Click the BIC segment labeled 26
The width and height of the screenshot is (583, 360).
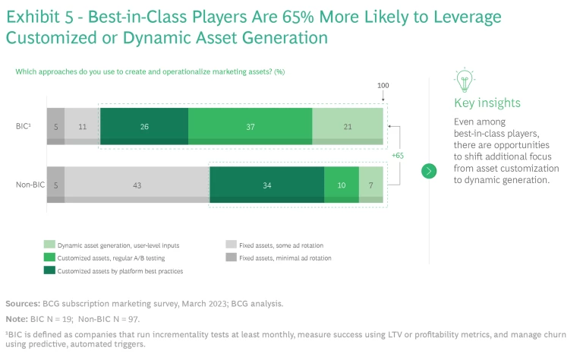click(144, 125)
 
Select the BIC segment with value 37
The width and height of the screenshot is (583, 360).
click(251, 125)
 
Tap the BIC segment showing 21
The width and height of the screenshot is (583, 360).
click(348, 125)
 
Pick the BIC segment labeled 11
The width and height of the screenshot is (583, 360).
click(82, 125)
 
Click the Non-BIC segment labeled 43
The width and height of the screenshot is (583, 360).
click(137, 185)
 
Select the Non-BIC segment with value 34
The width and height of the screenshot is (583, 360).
click(266, 185)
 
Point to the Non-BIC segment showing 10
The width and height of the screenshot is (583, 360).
click(342, 185)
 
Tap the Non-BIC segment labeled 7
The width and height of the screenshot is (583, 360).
click(371, 185)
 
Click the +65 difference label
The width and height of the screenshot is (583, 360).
click(397, 155)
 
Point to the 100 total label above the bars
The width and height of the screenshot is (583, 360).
click(383, 85)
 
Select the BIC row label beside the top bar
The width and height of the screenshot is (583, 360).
click(24, 125)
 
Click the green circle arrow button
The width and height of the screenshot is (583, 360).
click(429, 171)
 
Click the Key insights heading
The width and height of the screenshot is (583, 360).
click(487, 103)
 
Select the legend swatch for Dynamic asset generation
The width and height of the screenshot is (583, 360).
click(49, 245)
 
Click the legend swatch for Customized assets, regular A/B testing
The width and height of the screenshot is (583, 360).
click(49, 257)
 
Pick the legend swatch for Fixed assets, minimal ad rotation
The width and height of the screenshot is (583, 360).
click(232, 257)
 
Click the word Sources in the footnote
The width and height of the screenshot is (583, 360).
click(24, 303)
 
